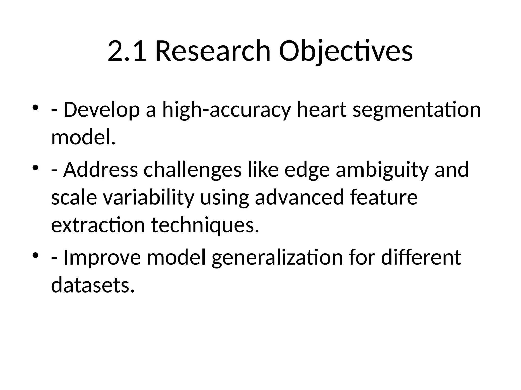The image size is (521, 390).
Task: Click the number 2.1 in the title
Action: tap(127, 52)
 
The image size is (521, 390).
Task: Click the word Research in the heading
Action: tap(213, 52)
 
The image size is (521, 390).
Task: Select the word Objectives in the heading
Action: tap(346, 52)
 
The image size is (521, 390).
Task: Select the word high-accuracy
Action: tap(226, 110)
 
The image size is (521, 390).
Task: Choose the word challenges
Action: tap(192, 170)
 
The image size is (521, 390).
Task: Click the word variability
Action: tap(149, 198)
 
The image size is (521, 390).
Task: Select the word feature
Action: tap(384, 198)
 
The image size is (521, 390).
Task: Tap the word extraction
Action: tap(98, 225)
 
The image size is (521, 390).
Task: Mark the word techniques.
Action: tap(205, 225)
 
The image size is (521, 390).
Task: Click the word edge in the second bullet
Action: tap(307, 170)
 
